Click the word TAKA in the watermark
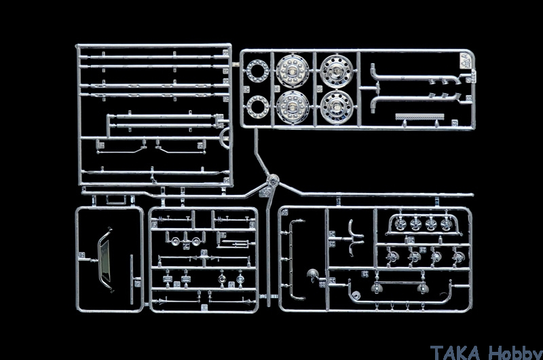(x=455, y=353)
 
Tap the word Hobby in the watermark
(x=515, y=353)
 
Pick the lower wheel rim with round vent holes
(x=336, y=107)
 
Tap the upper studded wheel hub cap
(x=293, y=71)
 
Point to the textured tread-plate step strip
(x=419, y=117)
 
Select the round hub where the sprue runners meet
(x=273, y=180)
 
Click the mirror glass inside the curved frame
(x=105, y=260)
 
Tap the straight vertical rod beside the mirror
(x=132, y=280)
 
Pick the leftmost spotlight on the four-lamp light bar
(x=400, y=224)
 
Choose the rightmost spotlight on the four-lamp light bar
(x=447, y=224)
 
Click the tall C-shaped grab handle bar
(x=291, y=260)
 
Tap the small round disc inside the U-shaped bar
(x=356, y=295)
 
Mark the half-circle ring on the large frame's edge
(x=226, y=138)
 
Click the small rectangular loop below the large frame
(x=115, y=200)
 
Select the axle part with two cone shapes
(x=204, y=259)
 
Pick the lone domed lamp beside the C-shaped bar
(x=313, y=274)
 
